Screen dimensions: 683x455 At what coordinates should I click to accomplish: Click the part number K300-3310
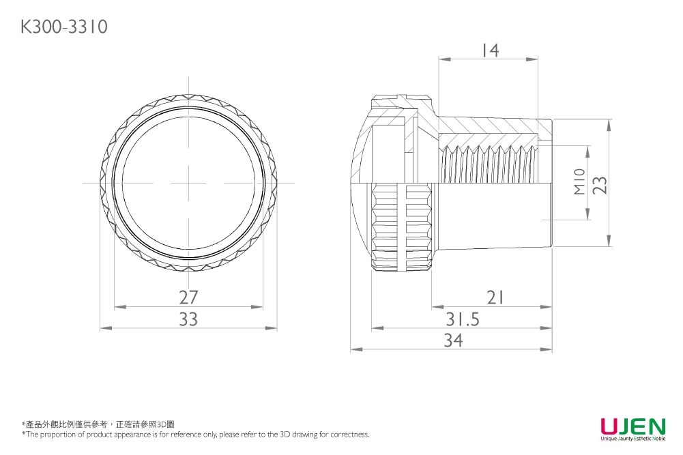64,27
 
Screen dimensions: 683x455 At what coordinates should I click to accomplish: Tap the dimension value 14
491,50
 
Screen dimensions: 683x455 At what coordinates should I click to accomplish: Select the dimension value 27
188,297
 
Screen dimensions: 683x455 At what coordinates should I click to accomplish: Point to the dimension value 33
188,319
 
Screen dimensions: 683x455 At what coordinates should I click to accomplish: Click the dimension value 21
495,297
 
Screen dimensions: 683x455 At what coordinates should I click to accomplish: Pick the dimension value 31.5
462,319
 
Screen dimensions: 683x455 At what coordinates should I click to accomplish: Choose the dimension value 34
453,340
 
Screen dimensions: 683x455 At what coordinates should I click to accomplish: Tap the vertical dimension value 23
600,185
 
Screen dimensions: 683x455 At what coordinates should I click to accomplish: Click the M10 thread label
579,181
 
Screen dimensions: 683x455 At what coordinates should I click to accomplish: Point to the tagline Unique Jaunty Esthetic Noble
633,439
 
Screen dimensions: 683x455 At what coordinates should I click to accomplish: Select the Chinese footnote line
98,424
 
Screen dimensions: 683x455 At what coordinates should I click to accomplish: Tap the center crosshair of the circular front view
188,183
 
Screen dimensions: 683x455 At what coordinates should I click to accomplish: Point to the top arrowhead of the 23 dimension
609,126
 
